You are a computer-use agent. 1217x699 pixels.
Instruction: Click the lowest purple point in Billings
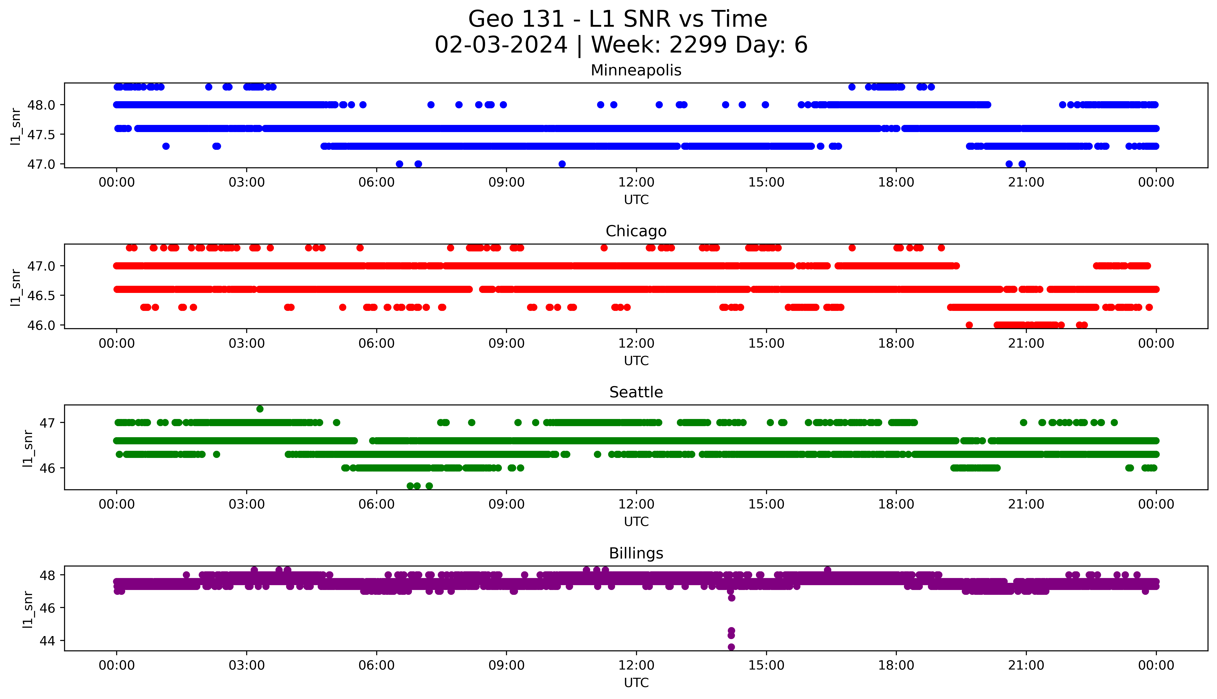click(x=731, y=647)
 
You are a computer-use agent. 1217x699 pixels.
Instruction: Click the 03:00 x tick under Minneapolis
click(x=247, y=183)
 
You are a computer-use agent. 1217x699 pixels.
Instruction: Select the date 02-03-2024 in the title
click(x=501, y=45)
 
